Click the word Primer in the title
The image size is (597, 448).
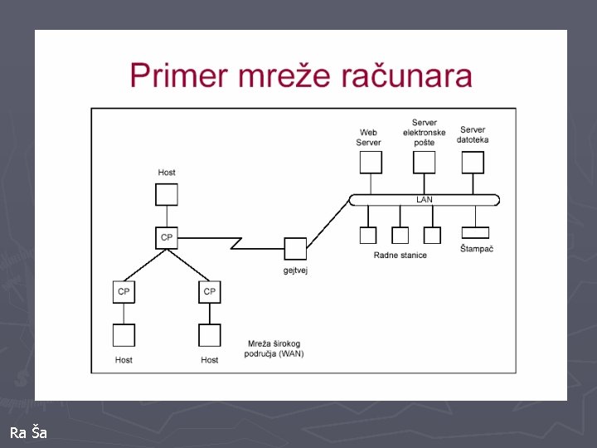tap(177, 75)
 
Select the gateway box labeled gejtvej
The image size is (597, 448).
tap(295, 248)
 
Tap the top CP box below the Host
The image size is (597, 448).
tap(167, 237)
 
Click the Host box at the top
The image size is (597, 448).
tap(167, 195)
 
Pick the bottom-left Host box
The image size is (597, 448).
tap(124, 334)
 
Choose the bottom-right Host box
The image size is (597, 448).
tap(210, 334)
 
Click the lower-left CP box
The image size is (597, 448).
tap(124, 292)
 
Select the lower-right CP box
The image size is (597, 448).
tap(210, 292)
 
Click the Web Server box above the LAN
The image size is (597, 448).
tap(369, 162)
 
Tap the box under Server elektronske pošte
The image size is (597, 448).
tap(424, 162)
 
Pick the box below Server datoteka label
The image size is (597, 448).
tap(473, 162)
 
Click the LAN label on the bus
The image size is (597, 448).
tap(424, 200)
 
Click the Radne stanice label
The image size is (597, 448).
tap(400, 256)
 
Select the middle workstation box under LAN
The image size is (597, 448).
tap(400, 235)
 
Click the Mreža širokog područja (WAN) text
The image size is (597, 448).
tap(274, 348)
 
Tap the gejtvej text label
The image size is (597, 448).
tap(295, 270)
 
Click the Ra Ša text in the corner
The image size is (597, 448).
tap(28, 432)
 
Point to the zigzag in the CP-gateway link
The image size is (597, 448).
tap(236, 243)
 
